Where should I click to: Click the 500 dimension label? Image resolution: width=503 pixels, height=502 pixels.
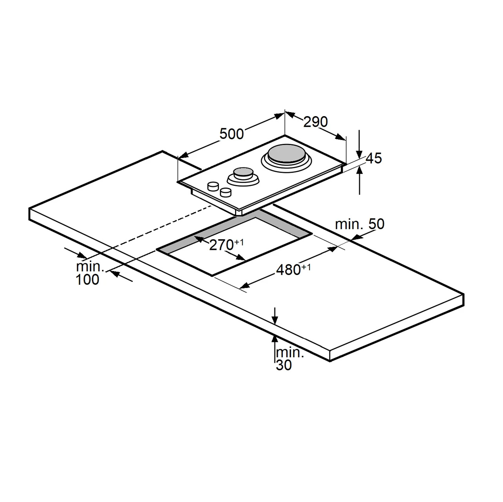point(232,134)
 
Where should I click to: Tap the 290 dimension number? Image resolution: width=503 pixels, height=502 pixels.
point(315,122)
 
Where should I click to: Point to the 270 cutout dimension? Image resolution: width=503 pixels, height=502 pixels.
point(221,245)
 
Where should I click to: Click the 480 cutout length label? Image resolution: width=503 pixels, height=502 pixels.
point(288,270)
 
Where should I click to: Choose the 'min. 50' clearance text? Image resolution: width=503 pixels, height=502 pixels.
point(360,224)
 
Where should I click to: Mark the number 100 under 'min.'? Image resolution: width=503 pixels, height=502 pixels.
point(87,279)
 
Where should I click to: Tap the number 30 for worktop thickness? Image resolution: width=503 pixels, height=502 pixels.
point(284,365)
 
